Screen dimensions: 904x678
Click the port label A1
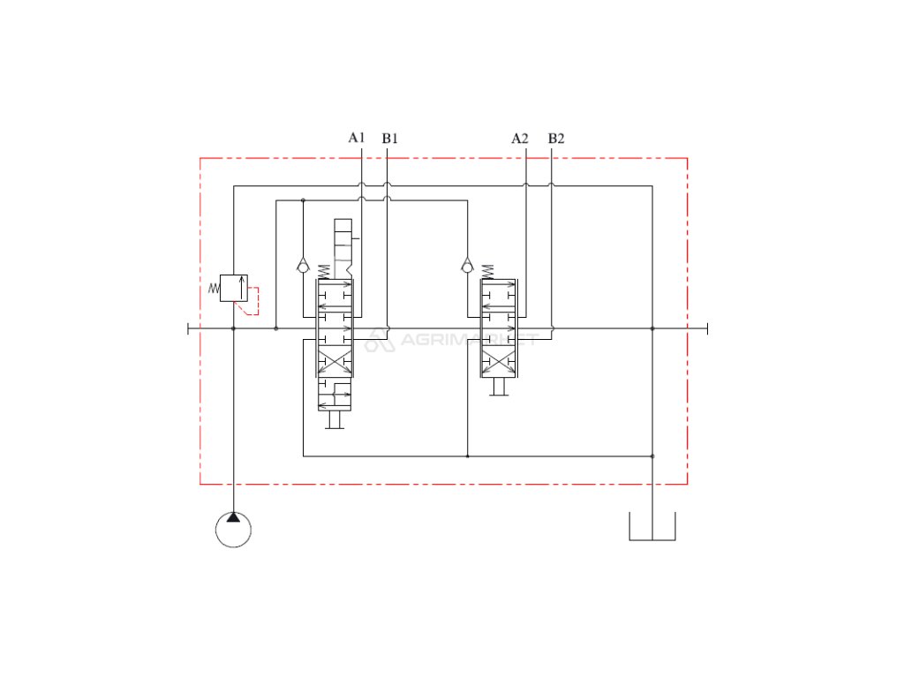click(357, 138)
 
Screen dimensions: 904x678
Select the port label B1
click(389, 139)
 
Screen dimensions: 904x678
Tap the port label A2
click(519, 139)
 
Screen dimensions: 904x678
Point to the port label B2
click(556, 139)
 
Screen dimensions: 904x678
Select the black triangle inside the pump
click(233, 517)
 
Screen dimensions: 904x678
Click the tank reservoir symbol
click(652, 526)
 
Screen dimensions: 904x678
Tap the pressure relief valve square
click(233, 288)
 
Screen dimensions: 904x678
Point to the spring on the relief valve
click(214, 288)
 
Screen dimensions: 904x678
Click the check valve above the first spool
click(304, 266)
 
